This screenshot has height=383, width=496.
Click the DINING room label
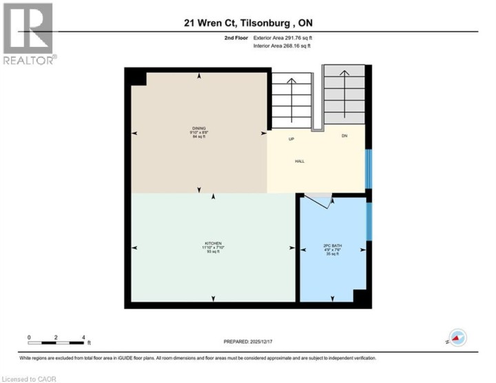tap(199, 128)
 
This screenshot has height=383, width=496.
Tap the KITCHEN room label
tap(213, 246)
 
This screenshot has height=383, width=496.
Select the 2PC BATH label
tap(333, 246)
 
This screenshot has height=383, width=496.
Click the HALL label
tap(300, 161)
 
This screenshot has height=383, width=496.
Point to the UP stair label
tap(291, 139)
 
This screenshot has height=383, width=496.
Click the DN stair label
tap(344, 135)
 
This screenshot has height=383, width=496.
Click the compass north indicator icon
tap(457, 337)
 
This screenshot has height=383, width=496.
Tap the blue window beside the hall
tap(369, 168)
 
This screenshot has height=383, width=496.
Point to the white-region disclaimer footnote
tap(198, 358)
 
